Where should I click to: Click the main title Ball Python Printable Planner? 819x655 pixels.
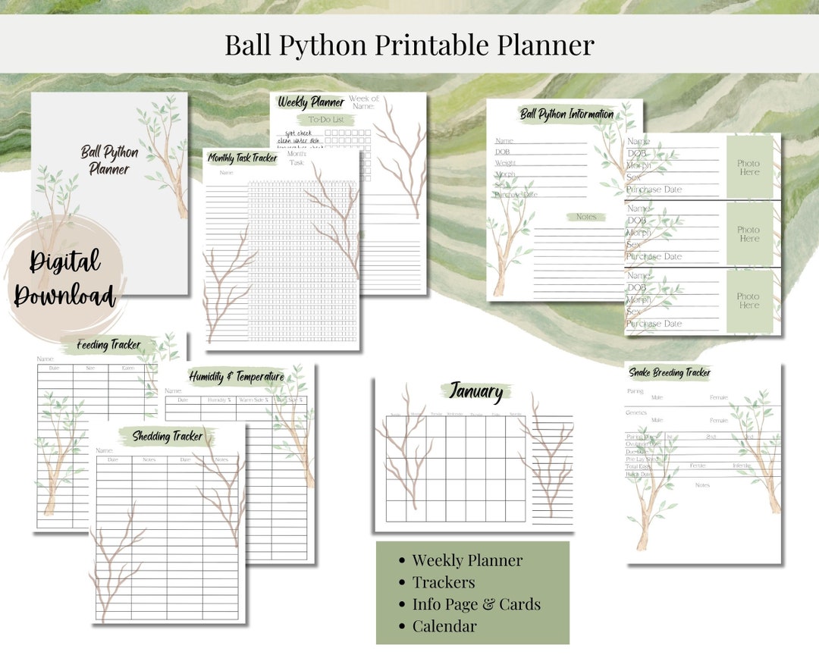coord(409,45)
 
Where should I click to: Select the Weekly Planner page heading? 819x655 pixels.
coord(311,102)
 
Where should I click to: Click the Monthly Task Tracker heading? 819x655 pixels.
coord(243,158)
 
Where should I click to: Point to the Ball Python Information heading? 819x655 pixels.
coord(566,114)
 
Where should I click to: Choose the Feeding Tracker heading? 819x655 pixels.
coord(108,346)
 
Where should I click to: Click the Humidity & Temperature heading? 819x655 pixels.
coord(237,377)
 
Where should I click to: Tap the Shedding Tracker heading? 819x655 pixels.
coord(168,436)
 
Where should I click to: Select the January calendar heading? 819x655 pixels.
coord(475,392)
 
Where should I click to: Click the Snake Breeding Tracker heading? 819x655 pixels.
coord(669,373)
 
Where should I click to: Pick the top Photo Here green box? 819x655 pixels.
coord(748,168)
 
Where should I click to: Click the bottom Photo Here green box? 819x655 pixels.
coord(748,301)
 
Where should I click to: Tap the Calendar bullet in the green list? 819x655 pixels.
coord(444,626)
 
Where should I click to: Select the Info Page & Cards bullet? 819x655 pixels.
coord(476,604)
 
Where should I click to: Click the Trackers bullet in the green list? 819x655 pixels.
coord(444,582)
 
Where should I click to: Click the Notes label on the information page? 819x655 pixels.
coord(586,217)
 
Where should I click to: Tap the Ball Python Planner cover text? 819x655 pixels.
coord(110,161)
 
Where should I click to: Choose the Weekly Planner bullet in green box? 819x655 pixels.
coord(467,560)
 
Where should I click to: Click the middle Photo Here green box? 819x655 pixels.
coord(748,234)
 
